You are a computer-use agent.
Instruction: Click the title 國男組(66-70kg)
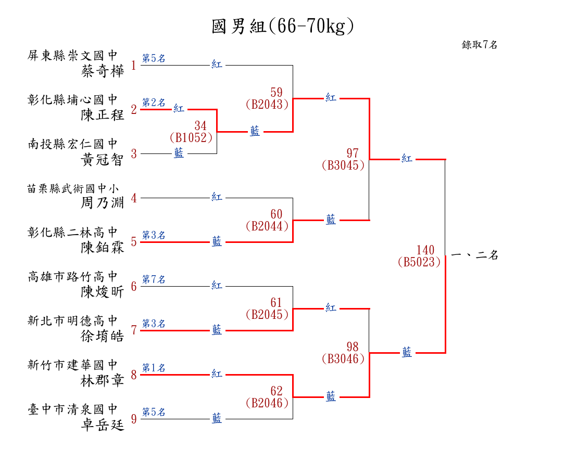[x=283, y=27]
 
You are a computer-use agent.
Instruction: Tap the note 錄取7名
[x=480, y=45]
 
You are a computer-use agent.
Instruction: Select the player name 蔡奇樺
[x=103, y=71]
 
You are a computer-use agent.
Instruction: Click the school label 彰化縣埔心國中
[x=73, y=99]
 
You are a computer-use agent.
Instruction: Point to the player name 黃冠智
[x=103, y=159]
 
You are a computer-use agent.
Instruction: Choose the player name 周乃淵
[x=103, y=203]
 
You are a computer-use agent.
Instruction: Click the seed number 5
[x=134, y=242]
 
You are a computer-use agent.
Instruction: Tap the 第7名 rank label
[x=154, y=280]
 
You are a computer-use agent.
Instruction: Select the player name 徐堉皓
[x=103, y=336]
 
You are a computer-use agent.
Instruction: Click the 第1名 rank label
[x=154, y=368]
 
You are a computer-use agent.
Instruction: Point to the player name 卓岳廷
[x=103, y=425]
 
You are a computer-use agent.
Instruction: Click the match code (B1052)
[x=191, y=138]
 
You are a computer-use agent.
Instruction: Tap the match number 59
[x=277, y=93]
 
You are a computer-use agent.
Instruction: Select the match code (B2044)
[x=267, y=226]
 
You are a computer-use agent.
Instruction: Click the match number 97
[x=353, y=153]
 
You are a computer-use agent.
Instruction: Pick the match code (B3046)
[x=343, y=358]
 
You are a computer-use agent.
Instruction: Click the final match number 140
[x=425, y=250]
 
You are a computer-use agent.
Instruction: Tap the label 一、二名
[x=474, y=255]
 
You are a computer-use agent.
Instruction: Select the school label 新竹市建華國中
[x=73, y=365]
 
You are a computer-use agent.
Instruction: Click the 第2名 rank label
[x=154, y=102]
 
